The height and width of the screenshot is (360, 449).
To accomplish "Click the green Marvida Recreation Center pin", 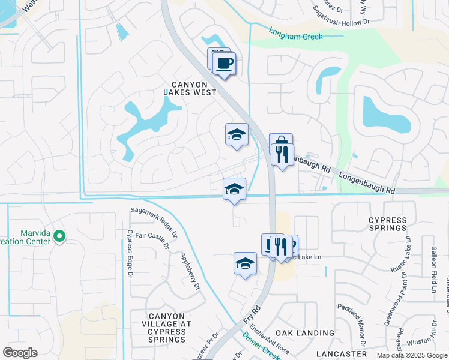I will coord(59,236).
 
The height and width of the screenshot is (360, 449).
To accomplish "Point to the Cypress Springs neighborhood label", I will coord(388,224).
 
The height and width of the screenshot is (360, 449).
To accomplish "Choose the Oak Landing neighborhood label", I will coord(304,332).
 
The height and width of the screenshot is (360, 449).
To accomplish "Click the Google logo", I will coord(20,352).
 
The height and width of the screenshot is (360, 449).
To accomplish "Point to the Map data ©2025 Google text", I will coord(411,355).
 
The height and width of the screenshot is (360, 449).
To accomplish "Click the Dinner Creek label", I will coord(262,346).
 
